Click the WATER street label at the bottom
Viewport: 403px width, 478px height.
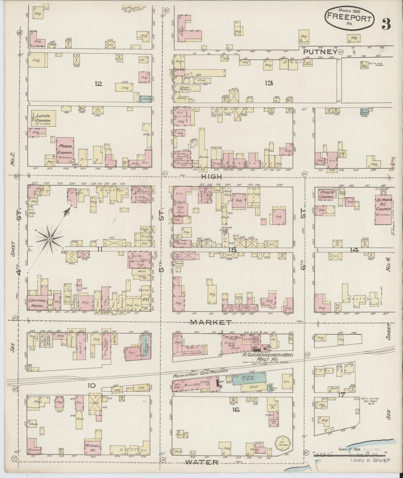tap(201, 462)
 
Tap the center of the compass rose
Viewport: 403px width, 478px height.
tap(49, 239)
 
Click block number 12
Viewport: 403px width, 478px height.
tap(99, 83)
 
